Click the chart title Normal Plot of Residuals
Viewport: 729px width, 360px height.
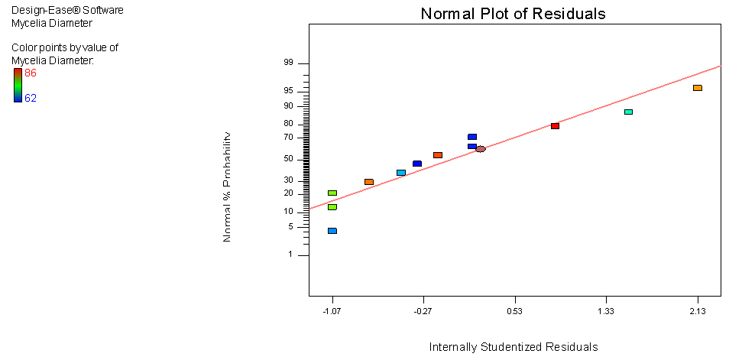pos(513,14)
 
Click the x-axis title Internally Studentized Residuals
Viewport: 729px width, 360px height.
pos(513,347)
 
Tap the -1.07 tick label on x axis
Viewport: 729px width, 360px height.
pos(332,311)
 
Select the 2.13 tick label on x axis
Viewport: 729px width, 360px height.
pos(697,311)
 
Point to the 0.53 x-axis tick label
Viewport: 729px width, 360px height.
pos(514,311)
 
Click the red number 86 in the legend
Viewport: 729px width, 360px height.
pos(31,73)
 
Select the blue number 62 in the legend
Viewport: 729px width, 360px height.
pos(31,98)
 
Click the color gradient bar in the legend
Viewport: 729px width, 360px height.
pos(18,86)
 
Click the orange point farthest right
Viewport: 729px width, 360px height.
pos(697,88)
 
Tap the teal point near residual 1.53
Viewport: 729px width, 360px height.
pos(628,112)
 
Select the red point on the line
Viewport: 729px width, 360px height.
pos(555,126)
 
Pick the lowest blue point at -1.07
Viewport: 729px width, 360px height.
pos(332,231)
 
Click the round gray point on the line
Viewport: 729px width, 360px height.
pos(480,149)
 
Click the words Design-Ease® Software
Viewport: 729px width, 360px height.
pos(67,11)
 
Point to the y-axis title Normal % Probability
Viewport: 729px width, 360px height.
pos(227,187)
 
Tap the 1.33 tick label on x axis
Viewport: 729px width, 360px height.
pos(605,311)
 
